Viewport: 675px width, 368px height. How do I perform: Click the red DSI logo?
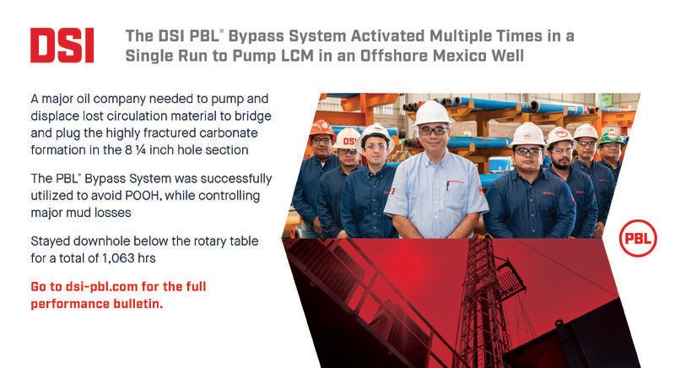click(62, 46)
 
